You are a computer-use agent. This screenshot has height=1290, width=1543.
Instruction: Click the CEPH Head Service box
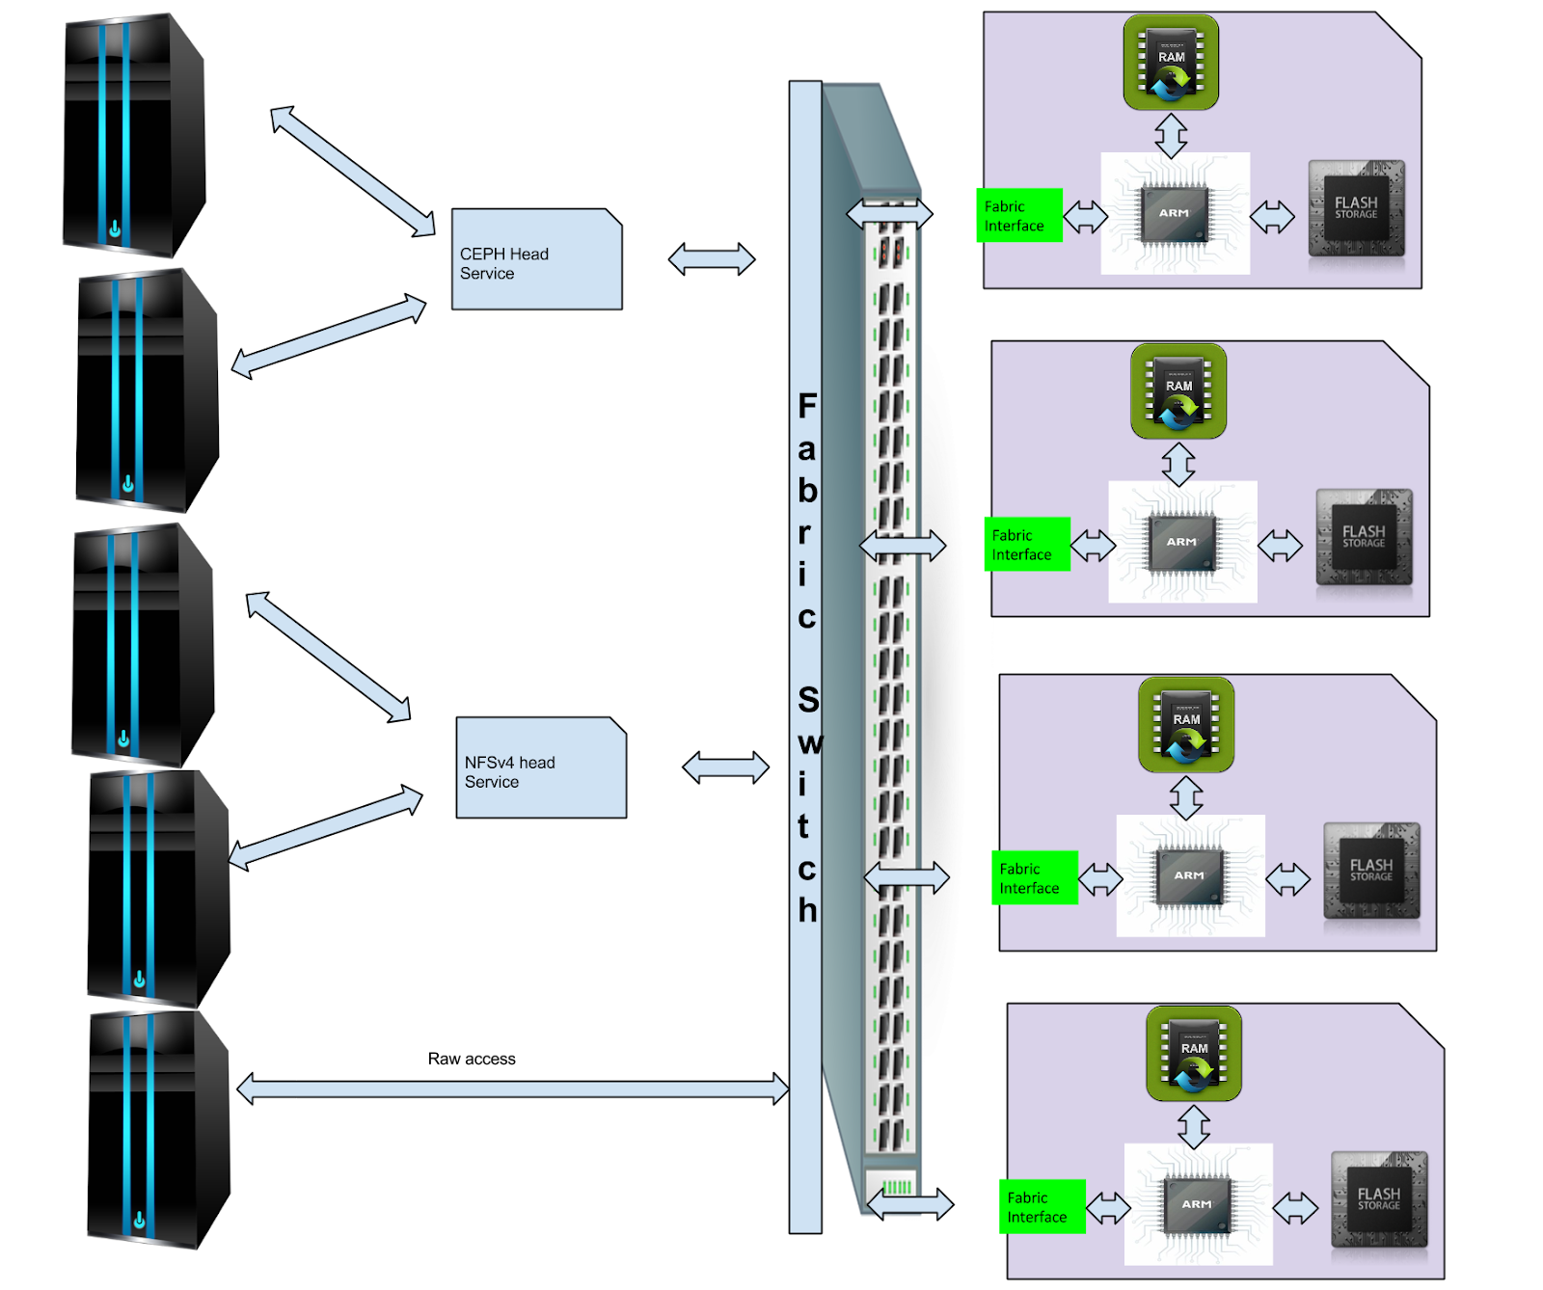tap(536, 259)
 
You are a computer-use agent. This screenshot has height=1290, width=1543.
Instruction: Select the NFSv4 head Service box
tap(541, 768)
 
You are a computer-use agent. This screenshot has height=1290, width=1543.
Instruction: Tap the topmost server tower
tap(135, 136)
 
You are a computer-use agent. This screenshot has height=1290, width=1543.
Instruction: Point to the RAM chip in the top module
tap(1171, 62)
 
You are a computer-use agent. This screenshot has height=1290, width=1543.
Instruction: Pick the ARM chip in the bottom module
tap(1197, 1204)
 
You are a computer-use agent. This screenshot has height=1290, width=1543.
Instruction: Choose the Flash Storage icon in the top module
tap(1356, 209)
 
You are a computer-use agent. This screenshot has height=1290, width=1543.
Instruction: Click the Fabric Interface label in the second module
tap(1027, 545)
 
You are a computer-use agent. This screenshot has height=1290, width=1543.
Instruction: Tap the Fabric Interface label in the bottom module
tap(1042, 1207)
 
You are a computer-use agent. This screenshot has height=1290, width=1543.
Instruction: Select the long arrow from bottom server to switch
tap(512, 1089)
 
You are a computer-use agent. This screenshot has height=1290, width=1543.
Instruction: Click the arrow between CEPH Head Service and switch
tap(712, 258)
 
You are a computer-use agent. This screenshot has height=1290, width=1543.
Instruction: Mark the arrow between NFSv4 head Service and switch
tap(725, 767)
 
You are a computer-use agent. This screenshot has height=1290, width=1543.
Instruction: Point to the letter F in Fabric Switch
tap(807, 407)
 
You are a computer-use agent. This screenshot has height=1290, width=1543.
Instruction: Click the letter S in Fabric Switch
tap(808, 700)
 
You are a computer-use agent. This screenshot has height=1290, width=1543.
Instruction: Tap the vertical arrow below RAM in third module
tap(1186, 797)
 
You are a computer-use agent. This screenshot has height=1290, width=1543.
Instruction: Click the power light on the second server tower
tap(128, 485)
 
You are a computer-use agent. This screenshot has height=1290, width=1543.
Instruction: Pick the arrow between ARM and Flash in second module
tap(1281, 546)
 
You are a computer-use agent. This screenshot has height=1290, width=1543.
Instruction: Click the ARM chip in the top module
tap(1175, 213)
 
